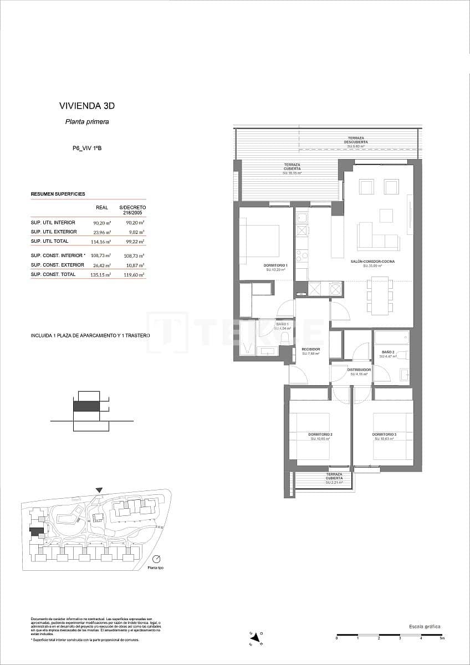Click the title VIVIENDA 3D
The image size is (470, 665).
click(86, 105)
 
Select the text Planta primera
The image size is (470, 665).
click(87, 122)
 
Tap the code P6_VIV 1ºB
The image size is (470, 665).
click(87, 148)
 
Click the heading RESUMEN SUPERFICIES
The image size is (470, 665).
click(58, 194)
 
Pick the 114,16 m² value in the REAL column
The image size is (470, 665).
click(101, 242)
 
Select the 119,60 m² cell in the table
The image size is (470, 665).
click(134, 274)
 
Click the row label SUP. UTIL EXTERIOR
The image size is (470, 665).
click(54, 232)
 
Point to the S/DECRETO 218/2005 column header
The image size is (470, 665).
click(132, 209)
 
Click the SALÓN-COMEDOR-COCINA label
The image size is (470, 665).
click(372, 263)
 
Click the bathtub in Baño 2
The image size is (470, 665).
click(391, 337)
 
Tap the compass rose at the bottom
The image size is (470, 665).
click(256, 638)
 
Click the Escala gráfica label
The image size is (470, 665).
click(425, 626)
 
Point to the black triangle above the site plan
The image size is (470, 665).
click(99, 490)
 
